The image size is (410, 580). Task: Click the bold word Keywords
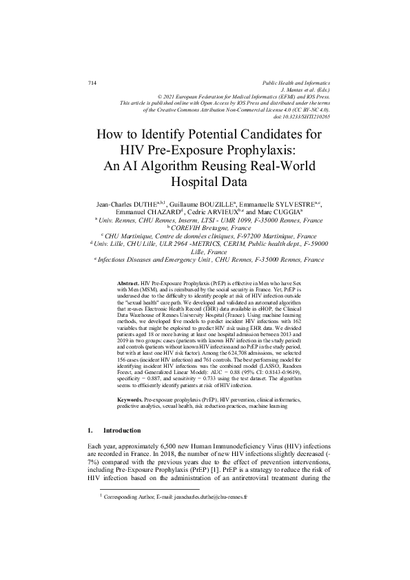[x=131, y=400]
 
